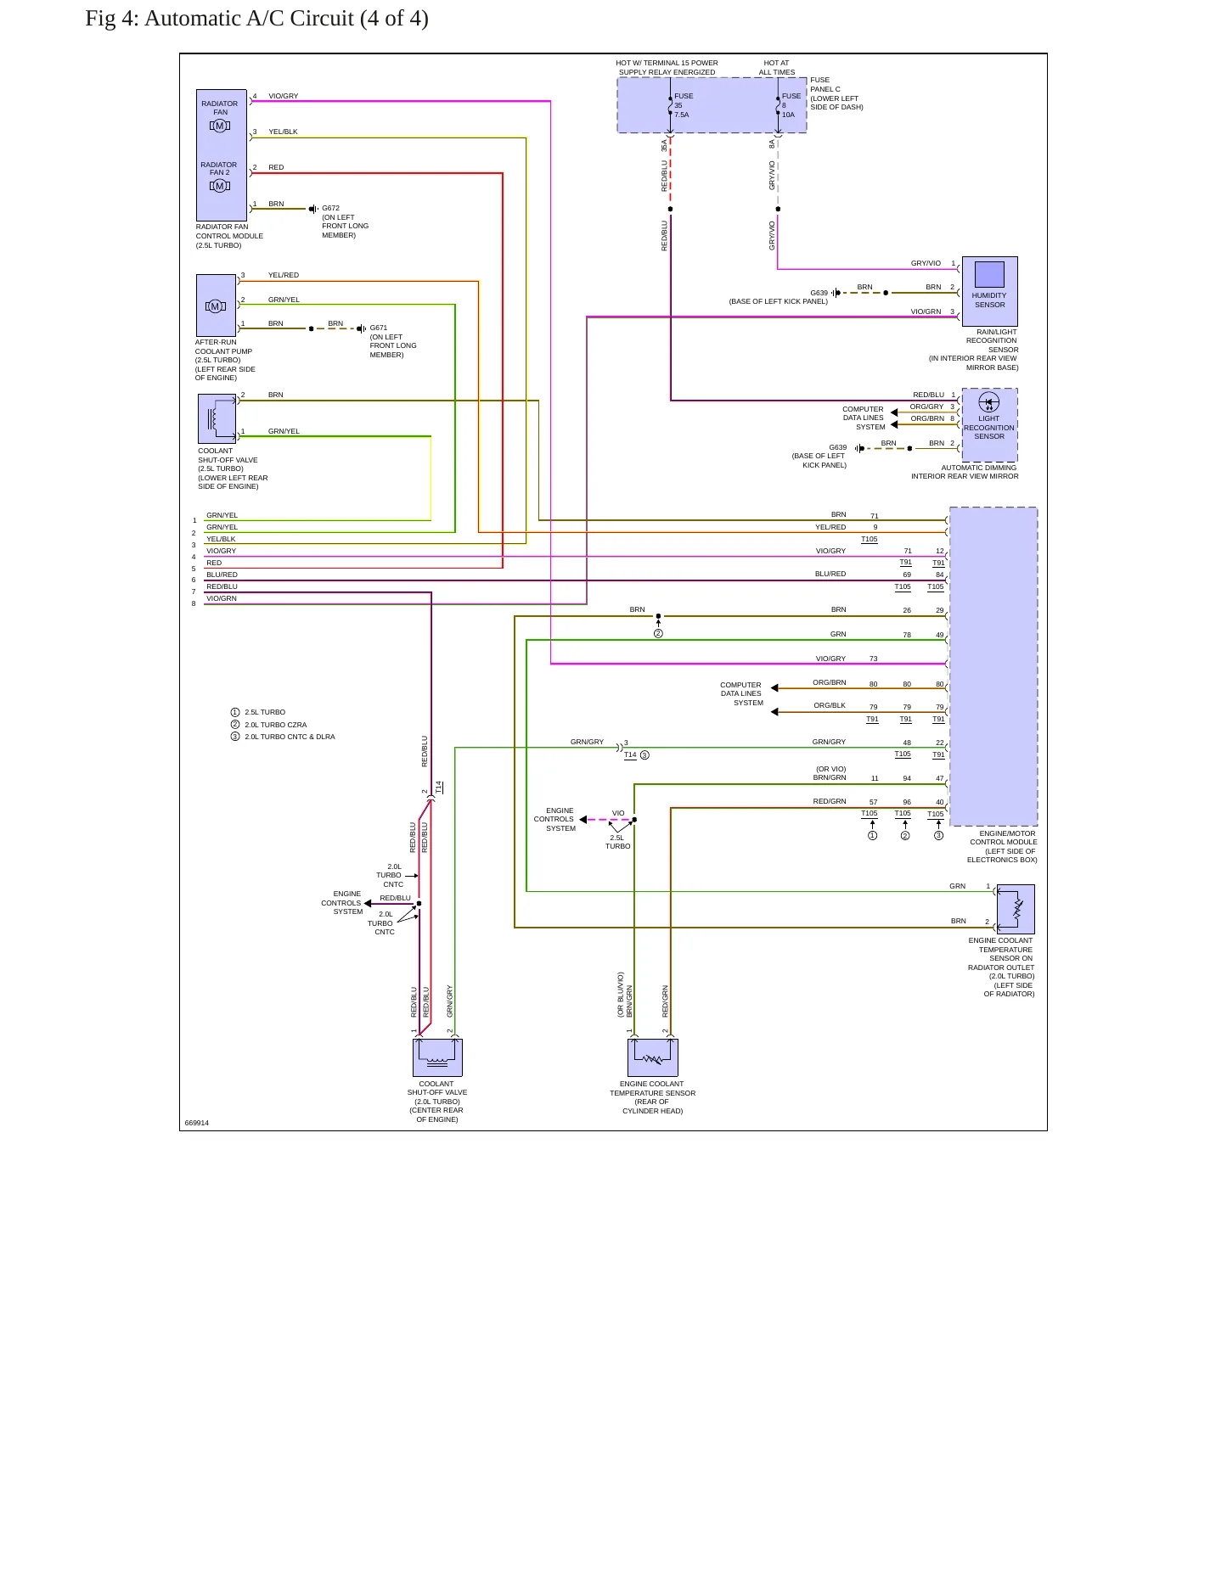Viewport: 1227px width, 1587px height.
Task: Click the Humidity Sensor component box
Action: [989, 291]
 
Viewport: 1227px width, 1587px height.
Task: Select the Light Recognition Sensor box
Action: [989, 425]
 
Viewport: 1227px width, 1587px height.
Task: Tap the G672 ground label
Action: [330, 208]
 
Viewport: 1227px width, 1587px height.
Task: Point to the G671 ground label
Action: [379, 328]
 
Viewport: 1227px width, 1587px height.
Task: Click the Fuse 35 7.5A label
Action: [683, 105]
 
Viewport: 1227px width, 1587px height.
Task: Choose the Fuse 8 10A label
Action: [791, 105]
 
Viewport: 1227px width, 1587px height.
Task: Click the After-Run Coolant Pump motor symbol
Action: [215, 306]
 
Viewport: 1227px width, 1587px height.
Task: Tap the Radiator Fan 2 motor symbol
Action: [220, 186]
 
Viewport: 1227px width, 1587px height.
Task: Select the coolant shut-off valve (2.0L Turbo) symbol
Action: [437, 1057]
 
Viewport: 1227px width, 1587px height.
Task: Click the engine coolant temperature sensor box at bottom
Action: [652, 1057]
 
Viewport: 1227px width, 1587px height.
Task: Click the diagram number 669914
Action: [196, 1123]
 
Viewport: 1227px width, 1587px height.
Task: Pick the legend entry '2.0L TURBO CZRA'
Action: [276, 725]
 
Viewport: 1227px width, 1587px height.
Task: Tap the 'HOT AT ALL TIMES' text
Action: [777, 67]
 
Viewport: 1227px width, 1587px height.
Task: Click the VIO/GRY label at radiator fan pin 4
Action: [284, 96]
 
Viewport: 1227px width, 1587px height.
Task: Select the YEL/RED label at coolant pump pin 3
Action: [284, 275]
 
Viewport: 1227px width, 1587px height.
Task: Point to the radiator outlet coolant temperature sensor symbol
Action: [1016, 910]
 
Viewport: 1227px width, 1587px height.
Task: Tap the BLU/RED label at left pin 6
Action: [222, 575]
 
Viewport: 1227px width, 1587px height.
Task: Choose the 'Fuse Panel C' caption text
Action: [825, 84]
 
